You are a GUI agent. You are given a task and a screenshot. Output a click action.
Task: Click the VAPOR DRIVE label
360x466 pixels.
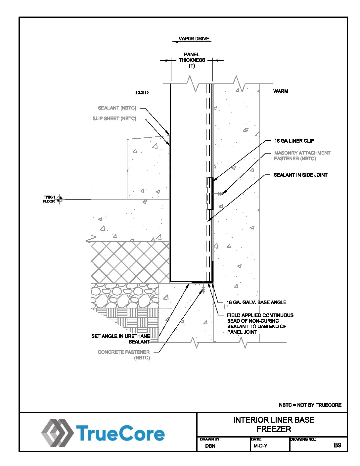pos(194,39)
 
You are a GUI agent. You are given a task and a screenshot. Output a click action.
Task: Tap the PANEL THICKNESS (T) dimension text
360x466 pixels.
pos(192,60)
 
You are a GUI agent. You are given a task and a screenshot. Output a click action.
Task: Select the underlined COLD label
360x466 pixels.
pos(142,93)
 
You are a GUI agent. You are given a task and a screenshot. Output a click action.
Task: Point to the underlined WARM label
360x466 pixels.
pos(281,91)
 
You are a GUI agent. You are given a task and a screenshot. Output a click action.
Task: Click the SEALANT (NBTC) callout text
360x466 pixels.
pos(117,108)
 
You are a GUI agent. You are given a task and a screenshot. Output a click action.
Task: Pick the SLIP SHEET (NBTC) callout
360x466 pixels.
pos(114,118)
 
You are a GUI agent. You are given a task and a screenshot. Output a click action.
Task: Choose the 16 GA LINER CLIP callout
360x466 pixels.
pos(294,141)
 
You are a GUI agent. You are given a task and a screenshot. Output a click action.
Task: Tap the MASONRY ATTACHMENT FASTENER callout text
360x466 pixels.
pos(302,156)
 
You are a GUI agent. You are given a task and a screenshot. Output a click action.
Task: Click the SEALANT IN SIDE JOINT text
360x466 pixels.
pos(300,175)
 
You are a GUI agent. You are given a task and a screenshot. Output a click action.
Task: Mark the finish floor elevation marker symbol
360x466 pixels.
pos(60,199)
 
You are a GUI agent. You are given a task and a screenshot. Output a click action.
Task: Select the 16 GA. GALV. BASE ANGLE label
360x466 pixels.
pos(256,303)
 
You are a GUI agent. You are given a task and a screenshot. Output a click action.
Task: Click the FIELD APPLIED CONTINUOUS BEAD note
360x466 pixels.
pos(260,324)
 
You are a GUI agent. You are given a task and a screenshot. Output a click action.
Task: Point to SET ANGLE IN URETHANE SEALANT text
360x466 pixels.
pos(120,339)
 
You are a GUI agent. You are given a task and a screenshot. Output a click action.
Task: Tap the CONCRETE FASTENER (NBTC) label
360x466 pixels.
pos(124,355)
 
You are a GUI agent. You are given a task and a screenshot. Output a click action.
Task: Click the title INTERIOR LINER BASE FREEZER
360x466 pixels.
pos(274,424)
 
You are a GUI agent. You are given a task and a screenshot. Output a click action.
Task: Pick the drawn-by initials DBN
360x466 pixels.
pos(210,446)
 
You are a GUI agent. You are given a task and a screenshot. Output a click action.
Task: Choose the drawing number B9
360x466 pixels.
pos(337,445)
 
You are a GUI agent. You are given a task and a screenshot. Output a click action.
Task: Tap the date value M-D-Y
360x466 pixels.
pos(260,446)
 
